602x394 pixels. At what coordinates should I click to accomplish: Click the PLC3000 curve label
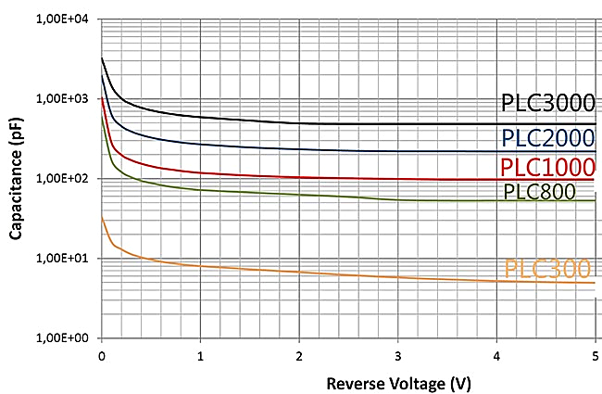click(x=546, y=103)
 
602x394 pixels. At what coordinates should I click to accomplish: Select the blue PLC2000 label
click(x=546, y=137)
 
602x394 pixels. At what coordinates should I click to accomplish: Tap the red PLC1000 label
click(x=546, y=167)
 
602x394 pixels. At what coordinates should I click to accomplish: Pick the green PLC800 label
click(x=540, y=192)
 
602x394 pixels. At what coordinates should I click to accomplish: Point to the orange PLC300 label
click(x=547, y=269)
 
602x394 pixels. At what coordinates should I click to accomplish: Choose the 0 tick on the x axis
click(x=101, y=355)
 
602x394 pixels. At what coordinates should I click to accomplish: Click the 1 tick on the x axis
click(x=200, y=355)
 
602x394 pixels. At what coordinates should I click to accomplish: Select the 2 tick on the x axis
click(x=298, y=355)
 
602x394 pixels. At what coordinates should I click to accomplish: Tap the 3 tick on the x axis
click(x=397, y=355)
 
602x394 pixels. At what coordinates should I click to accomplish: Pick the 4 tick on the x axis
click(x=495, y=355)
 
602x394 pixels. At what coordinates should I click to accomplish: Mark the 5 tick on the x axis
click(x=594, y=355)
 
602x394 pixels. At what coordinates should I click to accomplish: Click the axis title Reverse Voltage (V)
click(x=346, y=380)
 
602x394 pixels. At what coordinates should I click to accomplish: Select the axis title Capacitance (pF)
click(x=15, y=178)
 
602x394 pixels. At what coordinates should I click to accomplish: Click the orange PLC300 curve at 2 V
click(x=298, y=273)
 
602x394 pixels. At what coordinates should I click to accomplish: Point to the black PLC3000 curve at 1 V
click(x=200, y=117)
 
